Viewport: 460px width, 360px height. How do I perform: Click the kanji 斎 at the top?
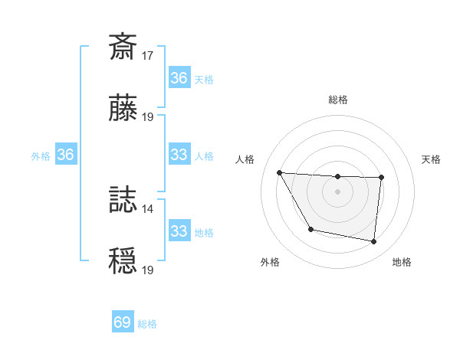point(123,47)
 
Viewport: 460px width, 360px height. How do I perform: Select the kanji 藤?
point(123,109)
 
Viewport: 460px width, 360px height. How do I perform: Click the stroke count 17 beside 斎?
point(149,56)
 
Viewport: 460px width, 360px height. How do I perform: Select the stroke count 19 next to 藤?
point(149,117)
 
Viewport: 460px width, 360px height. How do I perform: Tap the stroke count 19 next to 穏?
point(149,270)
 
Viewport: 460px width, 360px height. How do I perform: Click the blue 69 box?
point(123,322)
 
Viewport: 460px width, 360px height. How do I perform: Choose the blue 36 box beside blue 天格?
point(179,78)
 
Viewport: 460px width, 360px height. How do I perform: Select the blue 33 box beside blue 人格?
point(179,155)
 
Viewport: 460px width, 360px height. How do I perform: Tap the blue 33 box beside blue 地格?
point(179,231)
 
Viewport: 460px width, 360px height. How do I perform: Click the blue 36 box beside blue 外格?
point(66,155)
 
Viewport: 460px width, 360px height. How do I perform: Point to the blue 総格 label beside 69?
point(147,324)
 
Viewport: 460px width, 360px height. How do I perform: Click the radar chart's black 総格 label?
point(338,100)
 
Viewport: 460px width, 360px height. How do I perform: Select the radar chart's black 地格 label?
point(402,262)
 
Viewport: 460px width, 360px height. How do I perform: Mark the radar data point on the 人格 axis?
point(279,173)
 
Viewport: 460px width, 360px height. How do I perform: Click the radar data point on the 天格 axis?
point(381,178)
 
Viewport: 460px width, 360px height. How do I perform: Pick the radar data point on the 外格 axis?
point(310,229)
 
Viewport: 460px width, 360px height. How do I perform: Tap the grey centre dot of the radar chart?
point(338,191)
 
